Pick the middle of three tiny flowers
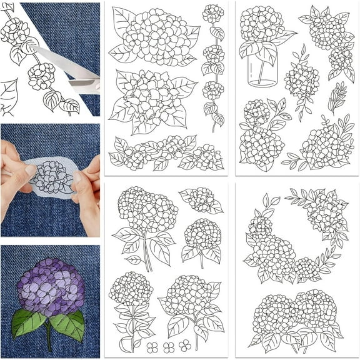point(167,346)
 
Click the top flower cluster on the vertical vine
point(212,14)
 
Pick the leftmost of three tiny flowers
point(152,346)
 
